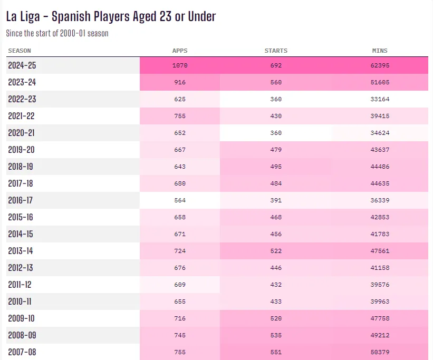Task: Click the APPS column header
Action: pos(180,51)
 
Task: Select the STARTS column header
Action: pos(276,51)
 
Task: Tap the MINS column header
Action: pos(380,51)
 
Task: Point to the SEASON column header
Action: pos(20,51)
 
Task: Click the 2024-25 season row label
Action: pos(22,65)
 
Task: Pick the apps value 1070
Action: pos(180,65)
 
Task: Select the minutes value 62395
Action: pos(380,65)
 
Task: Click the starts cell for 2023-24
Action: pos(276,82)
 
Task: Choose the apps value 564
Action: pos(180,200)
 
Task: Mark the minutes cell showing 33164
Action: pos(380,99)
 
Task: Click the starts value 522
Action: pos(276,251)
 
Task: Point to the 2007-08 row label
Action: pos(22,352)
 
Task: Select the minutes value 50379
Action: pos(380,352)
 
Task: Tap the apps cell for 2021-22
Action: pos(180,116)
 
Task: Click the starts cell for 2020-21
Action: pos(276,133)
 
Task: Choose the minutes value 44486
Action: pos(380,167)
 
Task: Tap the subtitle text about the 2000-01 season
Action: pos(57,33)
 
